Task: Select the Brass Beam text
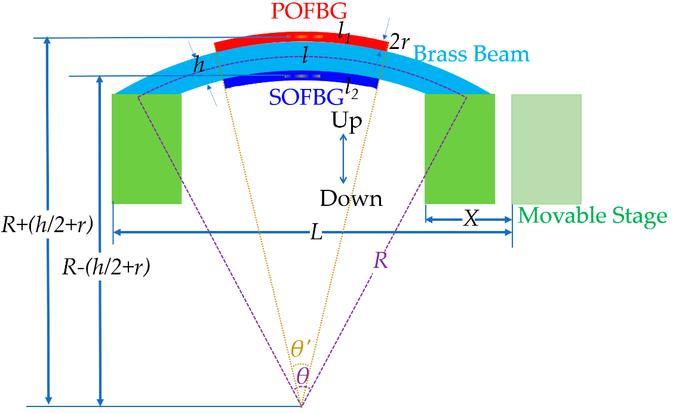click(x=472, y=54)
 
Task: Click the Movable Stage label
click(x=592, y=215)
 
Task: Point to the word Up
click(x=347, y=122)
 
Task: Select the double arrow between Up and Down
click(x=343, y=159)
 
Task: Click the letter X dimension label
click(x=471, y=219)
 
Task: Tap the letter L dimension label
click(x=317, y=233)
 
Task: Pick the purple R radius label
click(x=380, y=260)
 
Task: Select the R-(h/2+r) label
click(x=106, y=268)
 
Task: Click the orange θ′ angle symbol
click(x=300, y=349)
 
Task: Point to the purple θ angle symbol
click(x=303, y=375)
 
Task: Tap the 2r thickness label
click(x=398, y=42)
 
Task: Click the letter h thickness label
click(x=198, y=67)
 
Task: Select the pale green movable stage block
click(x=546, y=149)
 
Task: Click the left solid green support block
click(x=146, y=149)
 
